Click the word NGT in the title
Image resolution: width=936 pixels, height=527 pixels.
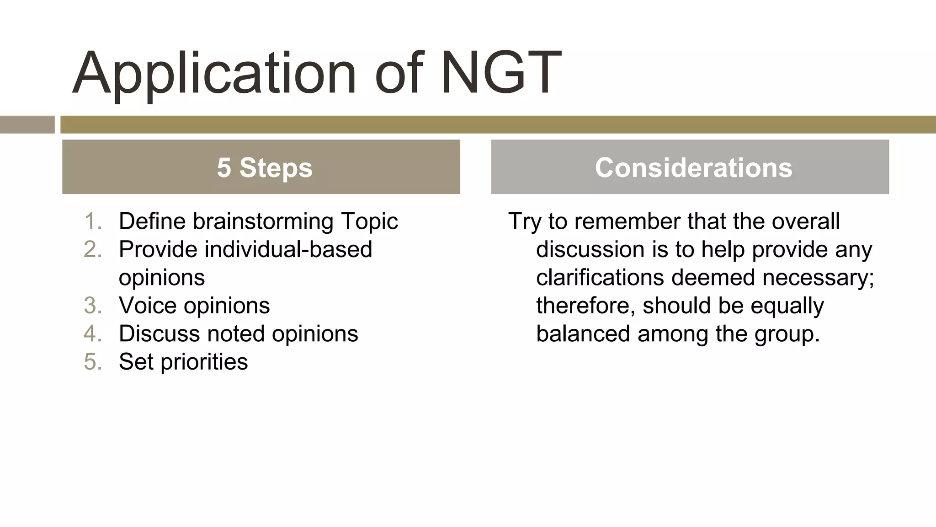[501, 73]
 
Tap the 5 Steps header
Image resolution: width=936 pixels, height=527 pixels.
[264, 167]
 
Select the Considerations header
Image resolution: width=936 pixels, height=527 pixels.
[693, 167]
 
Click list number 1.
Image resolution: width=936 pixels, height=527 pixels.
[93, 221]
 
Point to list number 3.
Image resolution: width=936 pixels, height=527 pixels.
[93, 306]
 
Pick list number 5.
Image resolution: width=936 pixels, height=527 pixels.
[93, 362]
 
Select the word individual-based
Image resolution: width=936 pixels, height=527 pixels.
[288, 250]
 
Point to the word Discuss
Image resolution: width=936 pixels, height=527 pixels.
[159, 333]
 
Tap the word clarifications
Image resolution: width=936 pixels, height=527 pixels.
[600, 278]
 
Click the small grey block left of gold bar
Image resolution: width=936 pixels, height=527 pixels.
[27, 124]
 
